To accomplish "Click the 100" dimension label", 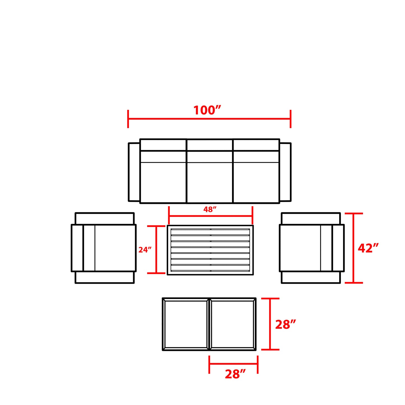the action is tap(207, 110).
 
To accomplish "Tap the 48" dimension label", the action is tap(210, 209).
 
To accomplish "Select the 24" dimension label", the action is tap(145, 250).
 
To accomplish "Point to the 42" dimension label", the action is tap(368, 248).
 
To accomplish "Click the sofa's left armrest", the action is tap(134, 172).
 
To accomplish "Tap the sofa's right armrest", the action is tap(285, 172).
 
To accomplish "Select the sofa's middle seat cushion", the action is tap(210, 182).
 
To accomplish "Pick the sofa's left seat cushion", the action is tap(163, 182).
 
